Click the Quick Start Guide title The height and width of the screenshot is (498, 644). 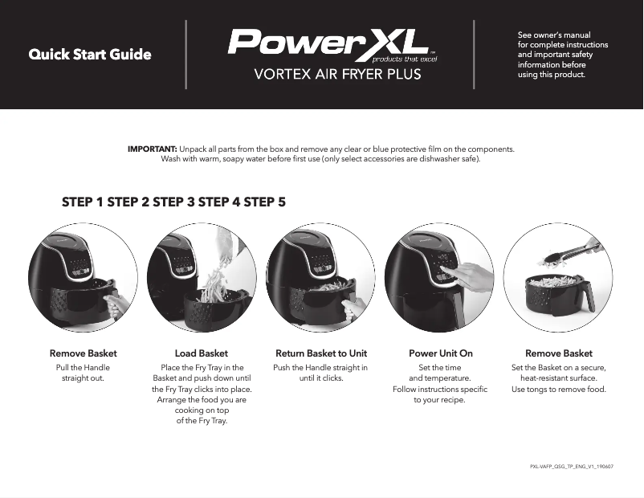coord(90,55)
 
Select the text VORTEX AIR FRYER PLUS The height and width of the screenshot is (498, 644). coord(337,75)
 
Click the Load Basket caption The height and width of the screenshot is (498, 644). coord(201,353)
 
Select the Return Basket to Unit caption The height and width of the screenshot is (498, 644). coord(321,353)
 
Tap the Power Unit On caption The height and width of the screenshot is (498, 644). coord(441,353)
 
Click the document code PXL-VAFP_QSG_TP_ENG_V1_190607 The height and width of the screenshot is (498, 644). coord(573,466)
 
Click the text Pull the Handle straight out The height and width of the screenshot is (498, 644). coord(83,373)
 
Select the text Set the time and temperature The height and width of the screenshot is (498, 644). coord(440,373)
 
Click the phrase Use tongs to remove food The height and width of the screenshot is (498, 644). coord(559,390)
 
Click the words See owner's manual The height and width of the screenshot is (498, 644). coord(555,35)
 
